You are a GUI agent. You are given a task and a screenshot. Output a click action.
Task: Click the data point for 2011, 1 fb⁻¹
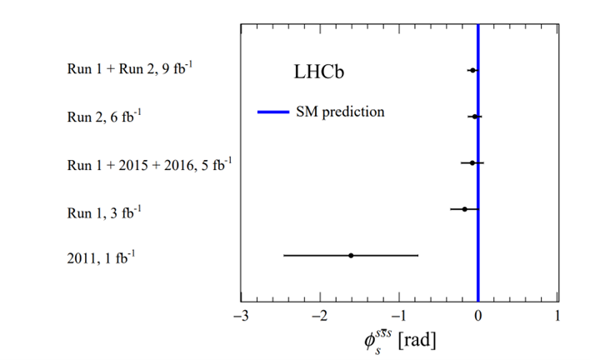pyautogui.click(x=351, y=255)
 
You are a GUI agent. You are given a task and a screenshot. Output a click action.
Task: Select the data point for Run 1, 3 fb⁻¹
pyautogui.click(x=465, y=209)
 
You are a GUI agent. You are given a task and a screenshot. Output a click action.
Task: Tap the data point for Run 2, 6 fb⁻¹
pyautogui.click(x=474, y=117)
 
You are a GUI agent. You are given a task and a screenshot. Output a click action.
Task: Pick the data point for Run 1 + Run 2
pyautogui.click(x=472, y=71)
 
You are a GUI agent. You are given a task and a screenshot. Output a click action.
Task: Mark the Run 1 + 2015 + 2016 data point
pyautogui.click(x=472, y=163)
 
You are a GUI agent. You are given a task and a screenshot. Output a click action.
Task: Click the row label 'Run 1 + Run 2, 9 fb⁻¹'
pyautogui.click(x=130, y=70)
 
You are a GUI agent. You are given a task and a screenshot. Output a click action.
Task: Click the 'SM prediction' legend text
pyautogui.click(x=340, y=112)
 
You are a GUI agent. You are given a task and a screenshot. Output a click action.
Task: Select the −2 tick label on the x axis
pyautogui.click(x=317, y=316)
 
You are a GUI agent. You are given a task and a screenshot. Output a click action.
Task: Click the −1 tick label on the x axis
pyautogui.click(x=397, y=316)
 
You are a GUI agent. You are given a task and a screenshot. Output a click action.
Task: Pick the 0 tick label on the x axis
pyautogui.click(x=477, y=316)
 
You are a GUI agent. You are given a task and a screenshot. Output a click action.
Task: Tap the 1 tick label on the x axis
pyautogui.click(x=557, y=316)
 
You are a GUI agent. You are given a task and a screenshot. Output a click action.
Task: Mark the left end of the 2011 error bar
pyautogui.click(x=284, y=255)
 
